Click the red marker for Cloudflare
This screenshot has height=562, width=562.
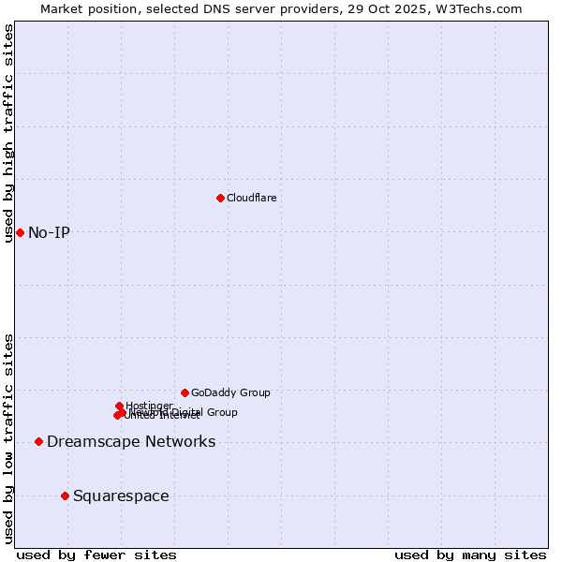pos(220,198)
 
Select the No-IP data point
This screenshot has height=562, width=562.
pos(20,232)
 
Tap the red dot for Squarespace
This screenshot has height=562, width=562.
pos(65,495)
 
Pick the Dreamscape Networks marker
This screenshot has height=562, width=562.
pos(38,441)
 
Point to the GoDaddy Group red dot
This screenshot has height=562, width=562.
pos(185,392)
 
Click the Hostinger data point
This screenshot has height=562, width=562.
pos(119,406)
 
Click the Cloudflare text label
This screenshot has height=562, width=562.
pos(251,198)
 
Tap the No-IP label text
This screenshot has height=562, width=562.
pos(49,232)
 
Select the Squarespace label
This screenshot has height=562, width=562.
pos(121,495)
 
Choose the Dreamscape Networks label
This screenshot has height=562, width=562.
pos(131,441)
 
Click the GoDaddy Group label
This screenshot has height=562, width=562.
pos(230,392)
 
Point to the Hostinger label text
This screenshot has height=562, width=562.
pos(149,406)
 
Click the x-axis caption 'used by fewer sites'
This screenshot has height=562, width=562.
pos(96,555)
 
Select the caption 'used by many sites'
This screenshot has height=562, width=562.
pos(470,555)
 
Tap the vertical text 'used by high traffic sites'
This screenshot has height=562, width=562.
pos(8,133)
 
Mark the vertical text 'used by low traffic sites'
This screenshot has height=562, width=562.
pos(8,438)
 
